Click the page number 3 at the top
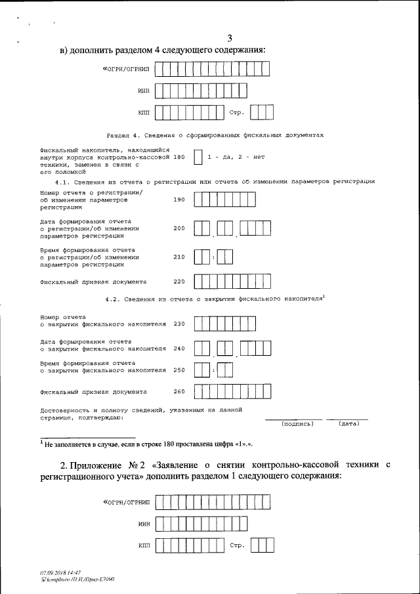[229, 37]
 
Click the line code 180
[179, 158]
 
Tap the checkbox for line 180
[198, 158]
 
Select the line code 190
[179, 200]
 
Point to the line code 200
[179, 228]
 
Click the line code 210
[179, 257]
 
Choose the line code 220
[179, 282]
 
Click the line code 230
[179, 324]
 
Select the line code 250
[179, 371]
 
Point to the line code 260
[179, 392]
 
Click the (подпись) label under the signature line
[297, 424]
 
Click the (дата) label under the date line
[348, 424]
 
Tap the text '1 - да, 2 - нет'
[236, 158]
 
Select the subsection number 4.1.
[64, 181]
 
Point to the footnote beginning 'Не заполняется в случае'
[150, 444]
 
